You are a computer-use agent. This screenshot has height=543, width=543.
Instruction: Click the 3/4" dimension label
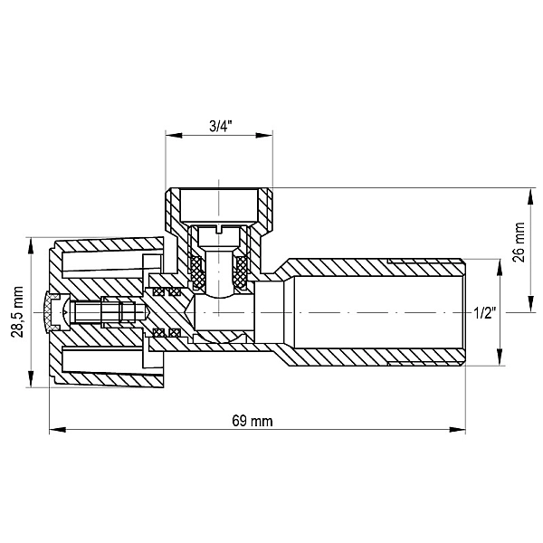click(x=221, y=126)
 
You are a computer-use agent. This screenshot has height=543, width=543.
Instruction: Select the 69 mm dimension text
click(x=252, y=421)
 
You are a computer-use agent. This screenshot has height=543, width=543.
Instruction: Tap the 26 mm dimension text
click(x=519, y=243)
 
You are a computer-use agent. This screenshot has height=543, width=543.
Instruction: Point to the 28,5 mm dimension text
click(x=17, y=311)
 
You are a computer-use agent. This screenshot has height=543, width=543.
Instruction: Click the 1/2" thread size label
click(x=485, y=314)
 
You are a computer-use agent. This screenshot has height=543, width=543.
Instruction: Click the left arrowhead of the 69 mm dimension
click(x=58, y=430)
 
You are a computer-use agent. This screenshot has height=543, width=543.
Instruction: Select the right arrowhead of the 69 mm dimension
click(x=457, y=430)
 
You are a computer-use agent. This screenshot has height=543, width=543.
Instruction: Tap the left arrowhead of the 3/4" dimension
click(x=174, y=135)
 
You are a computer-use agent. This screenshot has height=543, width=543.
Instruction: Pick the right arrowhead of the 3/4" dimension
click(x=264, y=135)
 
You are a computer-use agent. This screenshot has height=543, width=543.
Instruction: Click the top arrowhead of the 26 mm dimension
click(x=530, y=196)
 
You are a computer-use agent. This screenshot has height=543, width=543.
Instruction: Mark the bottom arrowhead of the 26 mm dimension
click(x=530, y=304)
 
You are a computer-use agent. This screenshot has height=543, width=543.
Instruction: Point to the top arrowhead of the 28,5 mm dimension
click(x=31, y=245)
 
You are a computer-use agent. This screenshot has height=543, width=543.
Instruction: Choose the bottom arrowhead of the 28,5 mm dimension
click(x=31, y=379)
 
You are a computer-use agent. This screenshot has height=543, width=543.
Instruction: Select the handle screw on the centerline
click(x=110, y=312)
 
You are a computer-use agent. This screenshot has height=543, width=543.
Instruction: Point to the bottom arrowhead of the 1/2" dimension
click(x=500, y=357)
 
